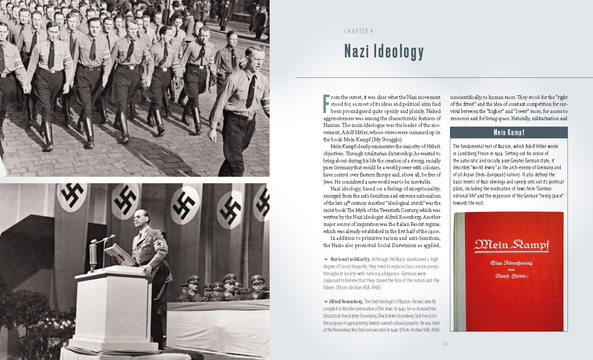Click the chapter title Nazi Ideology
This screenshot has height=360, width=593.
tap(384, 51)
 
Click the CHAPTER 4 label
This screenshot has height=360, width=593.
tap(359, 31)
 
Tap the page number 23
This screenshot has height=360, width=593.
tap(445, 344)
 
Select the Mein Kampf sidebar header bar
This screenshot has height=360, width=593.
tap(508, 132)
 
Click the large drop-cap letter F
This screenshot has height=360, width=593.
tap(326, 104)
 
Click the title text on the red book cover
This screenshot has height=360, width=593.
tap(511, 245)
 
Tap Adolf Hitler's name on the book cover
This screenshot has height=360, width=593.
tap(511, 276)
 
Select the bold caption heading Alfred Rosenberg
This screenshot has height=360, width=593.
tap(346, 302)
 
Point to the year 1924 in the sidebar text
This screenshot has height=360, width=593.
tap(498, 153)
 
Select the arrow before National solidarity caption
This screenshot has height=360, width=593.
tap(326, 259)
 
